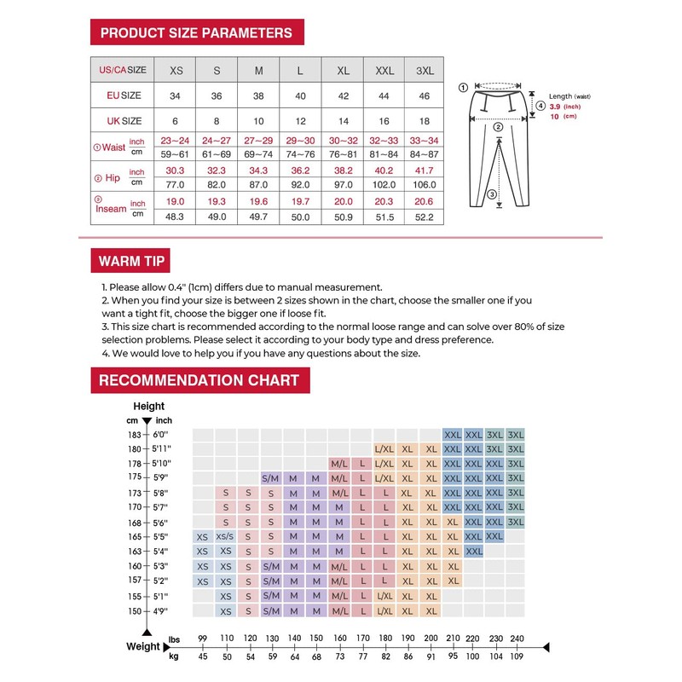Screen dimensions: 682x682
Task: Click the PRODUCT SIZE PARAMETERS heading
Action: [196, 33]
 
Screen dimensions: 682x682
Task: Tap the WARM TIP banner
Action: [132, 260]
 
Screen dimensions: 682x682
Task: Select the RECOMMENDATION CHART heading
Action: [199, 379]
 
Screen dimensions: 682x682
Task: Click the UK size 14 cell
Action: [343, 121]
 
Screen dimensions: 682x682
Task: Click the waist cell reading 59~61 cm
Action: [176, 154]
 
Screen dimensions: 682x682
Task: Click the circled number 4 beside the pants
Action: [540, 107]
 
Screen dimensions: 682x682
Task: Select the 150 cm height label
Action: [135, 610]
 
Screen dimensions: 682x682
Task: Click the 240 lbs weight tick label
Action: [516, 638]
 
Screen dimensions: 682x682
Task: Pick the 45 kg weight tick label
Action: [202, 657]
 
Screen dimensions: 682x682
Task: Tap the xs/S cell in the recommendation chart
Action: [225, 537]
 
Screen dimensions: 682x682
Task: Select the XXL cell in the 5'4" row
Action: [475, 552]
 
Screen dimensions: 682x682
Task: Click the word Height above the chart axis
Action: [149, 407]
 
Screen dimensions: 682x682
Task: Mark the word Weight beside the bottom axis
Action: [142, 646]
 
